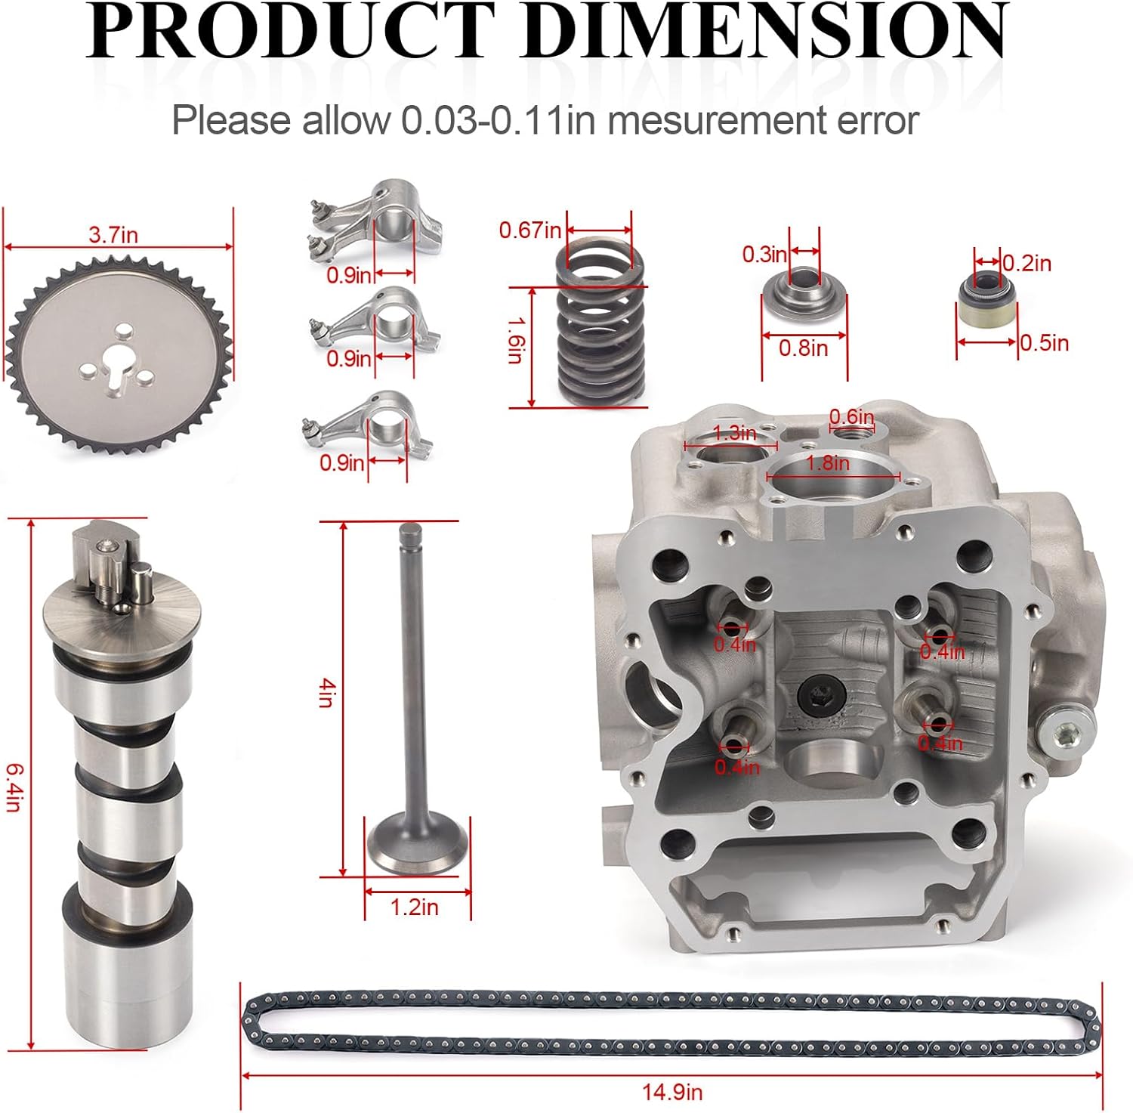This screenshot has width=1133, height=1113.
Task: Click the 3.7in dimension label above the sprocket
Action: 113,235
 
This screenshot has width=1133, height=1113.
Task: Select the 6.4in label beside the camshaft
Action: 13,787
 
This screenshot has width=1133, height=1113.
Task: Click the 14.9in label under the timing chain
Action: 671,1092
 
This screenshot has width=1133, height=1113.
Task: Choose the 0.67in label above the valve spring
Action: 529,230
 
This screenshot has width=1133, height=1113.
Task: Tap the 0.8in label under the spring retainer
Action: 803,348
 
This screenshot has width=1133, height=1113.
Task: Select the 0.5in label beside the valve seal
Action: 1045,343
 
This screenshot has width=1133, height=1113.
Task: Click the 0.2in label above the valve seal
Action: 1027,264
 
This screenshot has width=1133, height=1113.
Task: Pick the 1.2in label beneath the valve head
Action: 414,907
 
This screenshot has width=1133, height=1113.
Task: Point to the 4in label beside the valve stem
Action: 326,692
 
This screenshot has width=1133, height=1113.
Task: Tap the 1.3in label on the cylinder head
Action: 734,433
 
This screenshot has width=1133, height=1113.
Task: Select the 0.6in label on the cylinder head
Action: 851,416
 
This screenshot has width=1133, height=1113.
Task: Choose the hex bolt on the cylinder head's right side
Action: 1066,732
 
